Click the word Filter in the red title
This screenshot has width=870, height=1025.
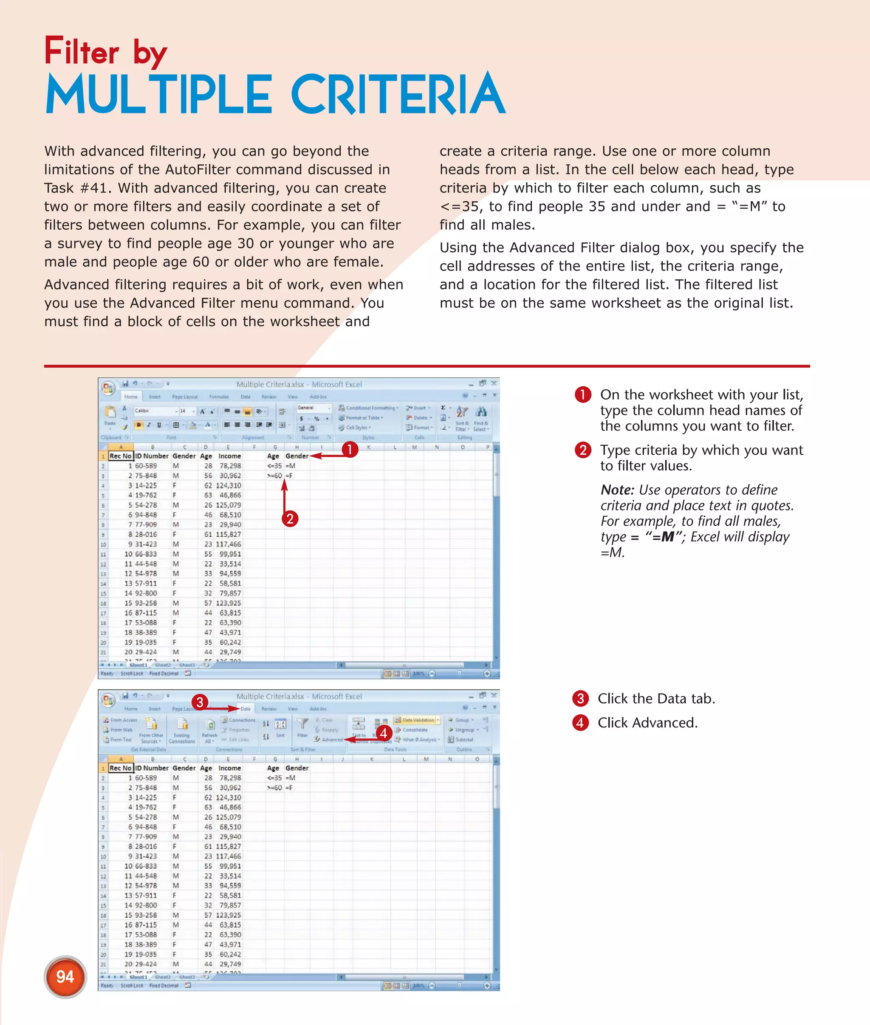click(x=82, y=51)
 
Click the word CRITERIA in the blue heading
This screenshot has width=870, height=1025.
click(x=398, y=95)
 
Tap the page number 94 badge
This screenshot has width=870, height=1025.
click(x=65, y=977)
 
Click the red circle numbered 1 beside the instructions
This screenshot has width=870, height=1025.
click(x=582, y=394)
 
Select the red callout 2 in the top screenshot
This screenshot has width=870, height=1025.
click(x=290, y=518)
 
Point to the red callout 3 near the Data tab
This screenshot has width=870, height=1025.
click(x=200, y=701)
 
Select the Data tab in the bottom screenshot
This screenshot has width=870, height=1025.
click(x=245, y=709)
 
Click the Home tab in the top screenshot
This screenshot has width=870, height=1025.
click(x=131, y=397)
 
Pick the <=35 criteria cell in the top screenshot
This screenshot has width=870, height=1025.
click(x=274, y=466)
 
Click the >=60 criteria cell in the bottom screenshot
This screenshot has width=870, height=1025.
click(x=274, y=788)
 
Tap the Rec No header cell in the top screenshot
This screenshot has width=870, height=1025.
click(x=120, y=456)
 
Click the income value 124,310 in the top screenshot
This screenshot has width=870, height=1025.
click(x=229, y=486)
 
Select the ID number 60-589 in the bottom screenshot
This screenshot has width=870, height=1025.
click(x=146, y=778)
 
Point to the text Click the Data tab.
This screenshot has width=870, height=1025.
click(x=656, y=698)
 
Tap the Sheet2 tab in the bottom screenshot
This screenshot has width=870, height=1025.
click(x=162, y=977)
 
